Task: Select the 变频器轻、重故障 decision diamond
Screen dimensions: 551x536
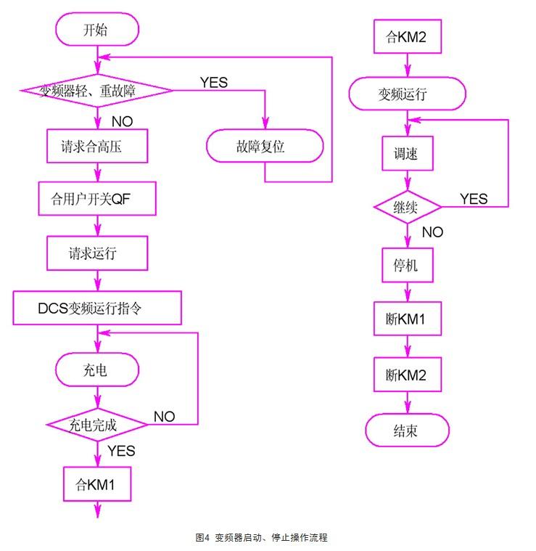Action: (x=96, y=91)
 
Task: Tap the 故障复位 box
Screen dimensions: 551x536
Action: (x=264, y=146)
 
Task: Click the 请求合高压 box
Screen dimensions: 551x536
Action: (x=96, y=146)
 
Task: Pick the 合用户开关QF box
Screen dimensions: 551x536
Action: (x=96, y=198)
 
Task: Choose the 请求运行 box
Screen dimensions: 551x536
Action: (x=96, y=253)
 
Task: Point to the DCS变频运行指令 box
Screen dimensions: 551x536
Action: (x=96, y=309)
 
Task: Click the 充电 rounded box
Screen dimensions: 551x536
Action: (x=96, y=370)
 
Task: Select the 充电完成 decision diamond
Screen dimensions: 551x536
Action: (x=96, y=423)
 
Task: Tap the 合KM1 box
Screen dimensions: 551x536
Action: (x=96, y=484)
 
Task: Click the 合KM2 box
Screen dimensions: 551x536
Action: (x=406, y=38)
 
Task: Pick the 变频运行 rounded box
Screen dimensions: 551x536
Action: (x=406, y=94)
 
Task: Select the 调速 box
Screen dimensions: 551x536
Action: (x=406, y=153)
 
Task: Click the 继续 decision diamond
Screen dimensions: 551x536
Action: (x=407, y=207)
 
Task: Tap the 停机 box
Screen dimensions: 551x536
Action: (x=406, y=266)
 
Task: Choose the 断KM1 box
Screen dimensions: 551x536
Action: (x=407, y=319)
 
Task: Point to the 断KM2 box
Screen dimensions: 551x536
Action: (x=407, y=375)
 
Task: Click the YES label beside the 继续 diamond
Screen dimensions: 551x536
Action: (x=474, y=199)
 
